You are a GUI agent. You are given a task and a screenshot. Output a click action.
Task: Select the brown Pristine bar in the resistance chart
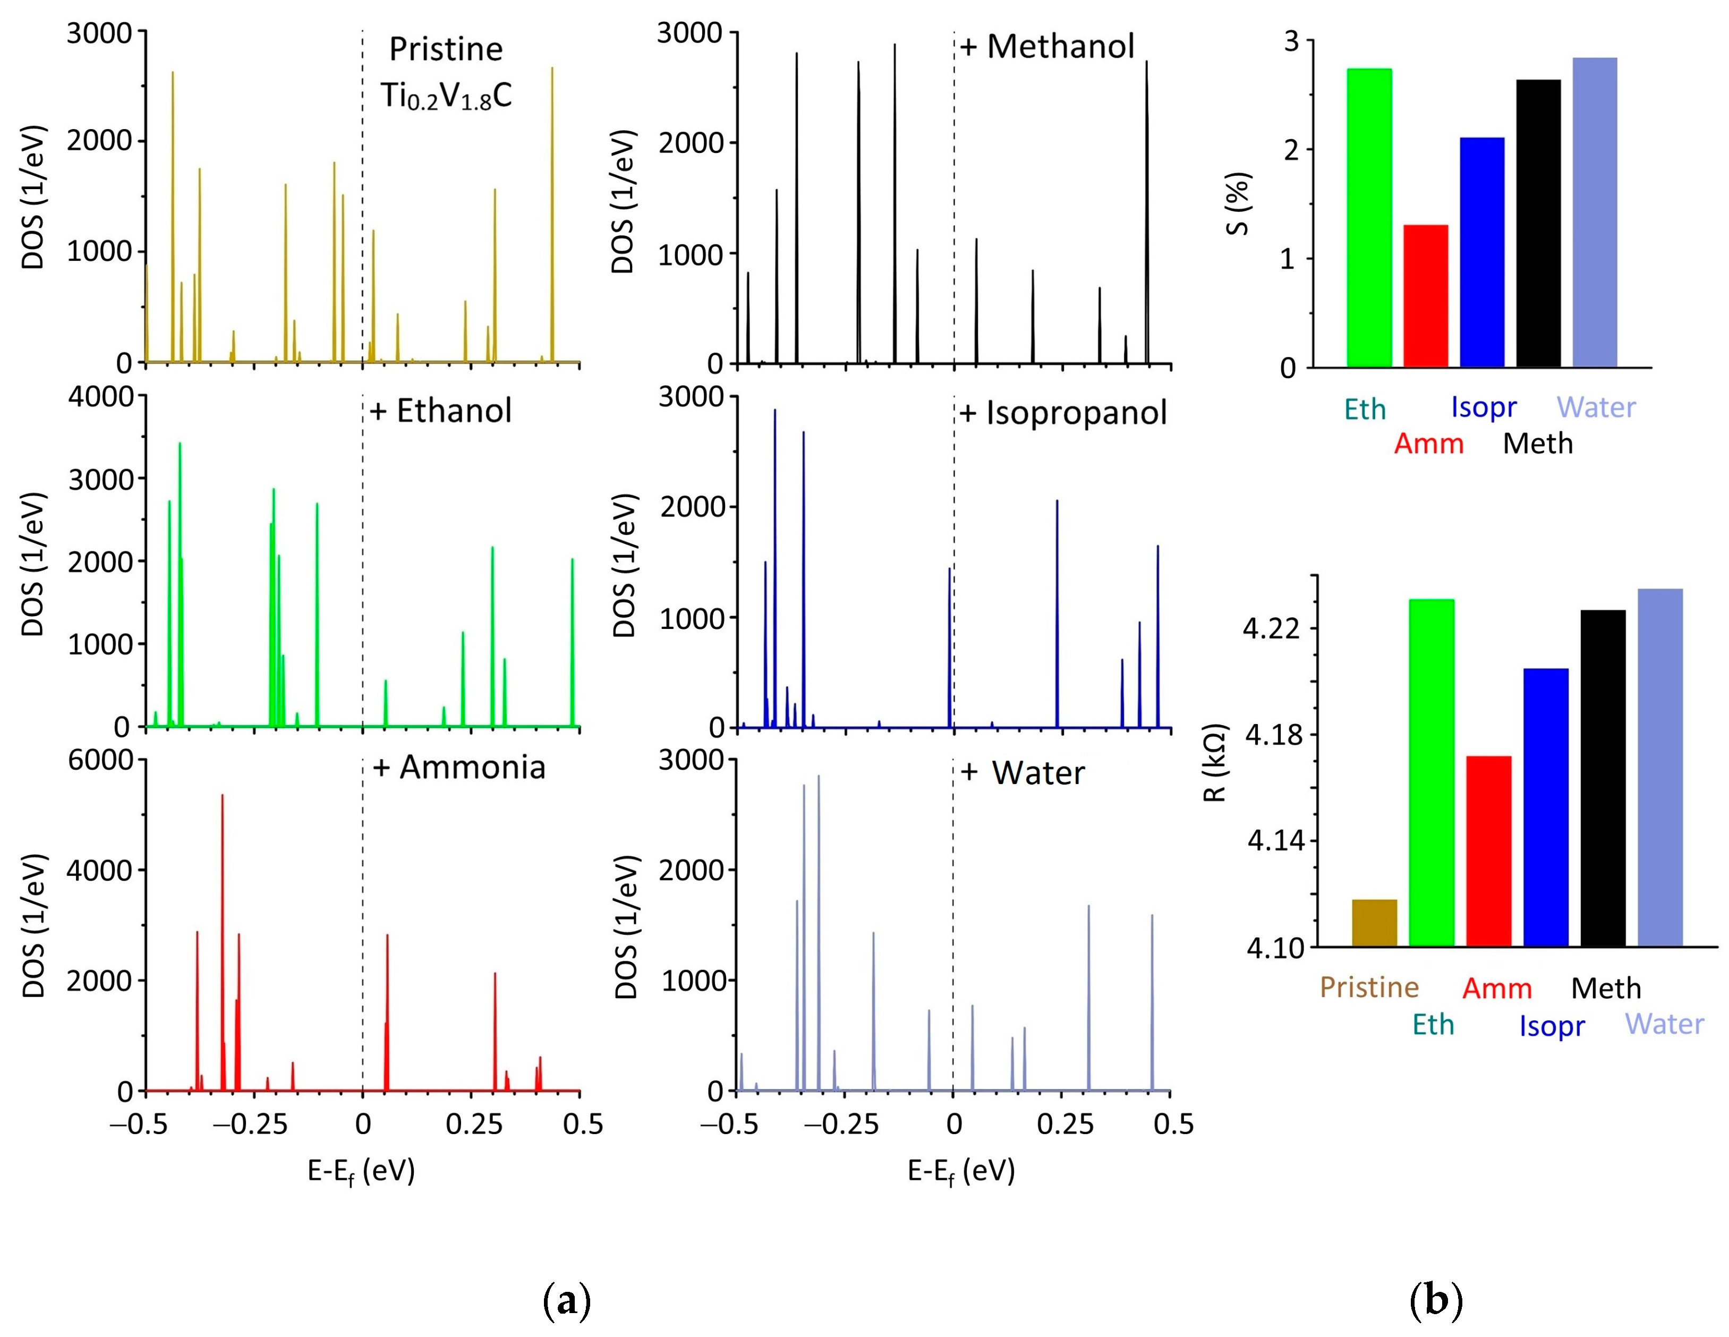pyautogui.click(x=1374, y=923)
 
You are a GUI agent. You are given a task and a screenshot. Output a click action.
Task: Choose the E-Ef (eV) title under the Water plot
pyautogui.click(x=960, y=1171)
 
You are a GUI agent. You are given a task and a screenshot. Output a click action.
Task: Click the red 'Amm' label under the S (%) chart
pyautogui.click(x=1428, y=444)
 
